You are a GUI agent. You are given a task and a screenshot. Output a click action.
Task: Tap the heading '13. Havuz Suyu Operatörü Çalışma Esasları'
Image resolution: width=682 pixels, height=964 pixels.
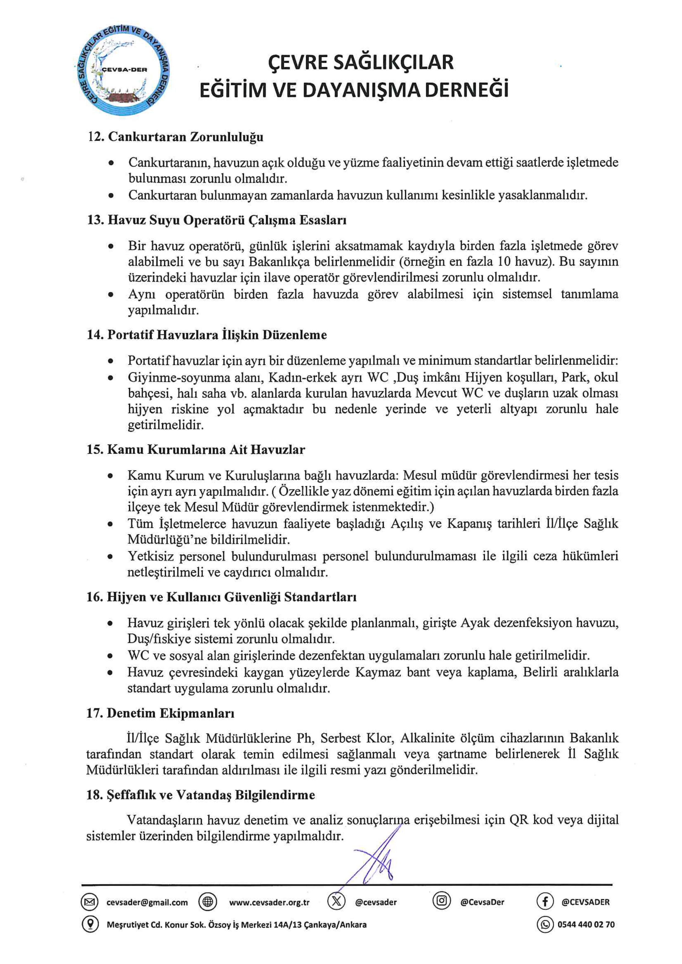point(216,220)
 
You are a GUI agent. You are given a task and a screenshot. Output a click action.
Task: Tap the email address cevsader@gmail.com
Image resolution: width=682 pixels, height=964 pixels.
point(147,902)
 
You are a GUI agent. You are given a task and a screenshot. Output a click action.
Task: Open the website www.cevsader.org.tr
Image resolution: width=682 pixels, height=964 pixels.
point(269,902)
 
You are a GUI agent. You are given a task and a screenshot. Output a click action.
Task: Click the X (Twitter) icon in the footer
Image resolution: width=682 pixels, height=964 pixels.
point(336,902)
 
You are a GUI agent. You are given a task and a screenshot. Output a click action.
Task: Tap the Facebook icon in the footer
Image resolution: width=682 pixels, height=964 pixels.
point(545,902)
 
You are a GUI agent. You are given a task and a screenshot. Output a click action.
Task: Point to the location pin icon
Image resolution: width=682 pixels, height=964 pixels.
point(90,924)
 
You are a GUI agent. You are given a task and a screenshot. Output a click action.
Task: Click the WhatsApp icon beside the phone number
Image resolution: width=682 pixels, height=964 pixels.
point(545,924)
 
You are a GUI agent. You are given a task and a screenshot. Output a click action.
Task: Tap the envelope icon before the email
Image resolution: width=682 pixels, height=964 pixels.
point(90,902)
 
